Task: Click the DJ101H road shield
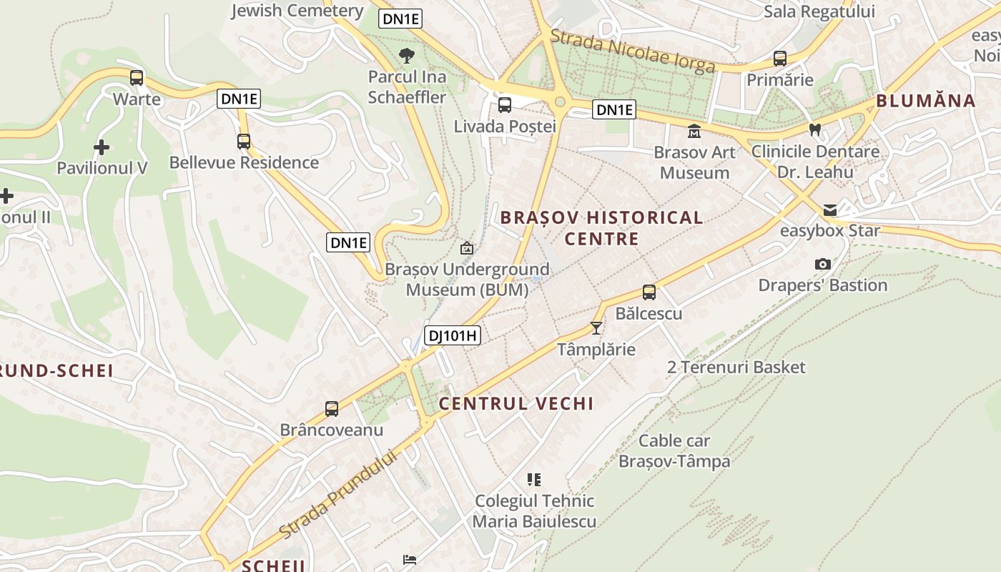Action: click(453, 335)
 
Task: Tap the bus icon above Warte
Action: click(137, 78)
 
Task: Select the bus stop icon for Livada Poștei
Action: click(504, 106)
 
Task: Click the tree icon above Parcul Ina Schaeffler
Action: click(406, 55)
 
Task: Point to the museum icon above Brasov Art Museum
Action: click(694, 132)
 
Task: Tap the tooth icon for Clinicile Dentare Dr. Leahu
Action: click(814, 130)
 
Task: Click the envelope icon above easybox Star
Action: click(829, 210)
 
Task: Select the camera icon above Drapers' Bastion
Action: click(822, 265)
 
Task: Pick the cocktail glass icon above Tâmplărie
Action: click(596, 328)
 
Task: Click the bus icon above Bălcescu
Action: click(649, 292)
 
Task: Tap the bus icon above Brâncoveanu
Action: click(331, 409)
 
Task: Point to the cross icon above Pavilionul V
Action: click(102, 147)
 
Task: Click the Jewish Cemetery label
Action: click(297, 11)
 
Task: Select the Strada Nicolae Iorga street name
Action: click(633, 51)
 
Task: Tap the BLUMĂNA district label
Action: click(925, 101)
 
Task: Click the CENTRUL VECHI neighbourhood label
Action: click(516, 404)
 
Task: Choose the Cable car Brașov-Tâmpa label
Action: click(674, 450)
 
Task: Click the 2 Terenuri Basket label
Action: click(736, 368)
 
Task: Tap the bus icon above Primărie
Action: click(779, 59)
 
